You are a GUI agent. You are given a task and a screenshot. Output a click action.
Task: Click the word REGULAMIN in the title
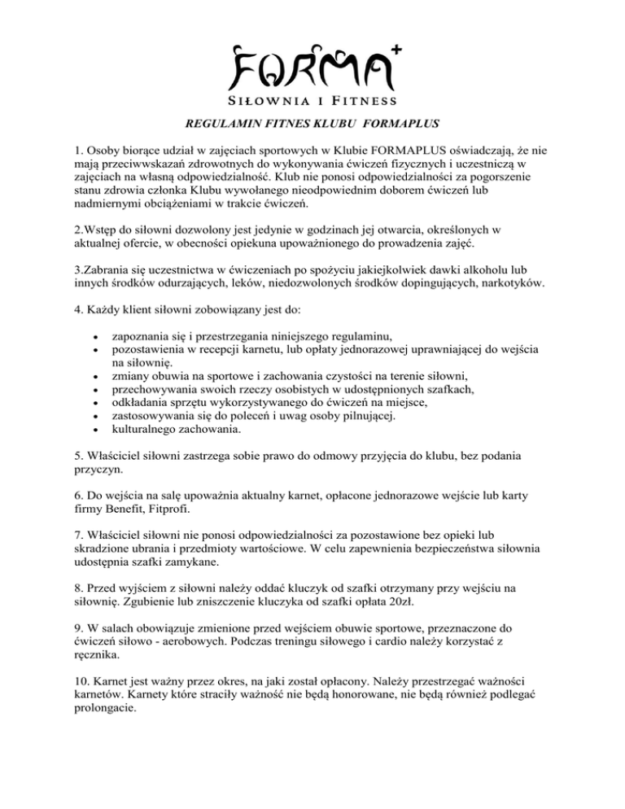pos(218,125)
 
